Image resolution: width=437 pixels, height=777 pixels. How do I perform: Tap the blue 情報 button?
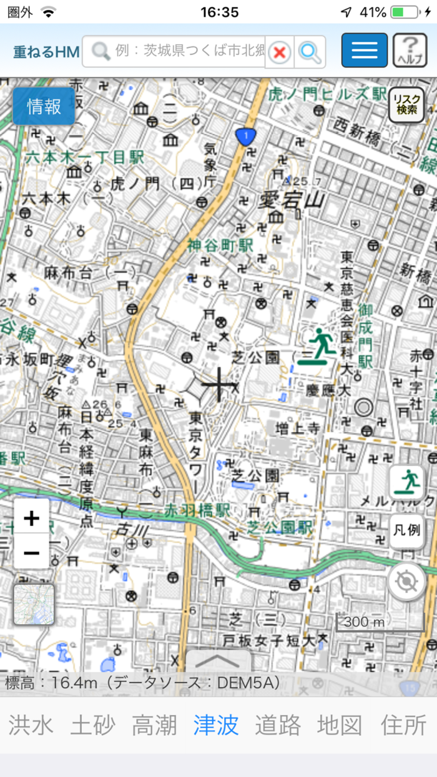point(44,106)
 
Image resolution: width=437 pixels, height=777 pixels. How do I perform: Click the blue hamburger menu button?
point(364,51)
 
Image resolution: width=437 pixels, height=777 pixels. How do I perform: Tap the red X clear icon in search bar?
point(280,52)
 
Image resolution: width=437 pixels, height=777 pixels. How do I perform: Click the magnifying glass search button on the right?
point(310,52)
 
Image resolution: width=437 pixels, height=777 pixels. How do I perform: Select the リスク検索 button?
point(406,105)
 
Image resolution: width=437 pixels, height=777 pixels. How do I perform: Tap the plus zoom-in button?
point(31,517)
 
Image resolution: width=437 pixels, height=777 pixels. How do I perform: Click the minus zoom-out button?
point(31,552)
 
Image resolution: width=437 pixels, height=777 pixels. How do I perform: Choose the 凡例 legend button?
point(406,531)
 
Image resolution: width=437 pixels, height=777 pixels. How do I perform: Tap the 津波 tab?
point(216,725)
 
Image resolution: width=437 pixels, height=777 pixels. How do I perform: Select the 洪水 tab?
point(31,725)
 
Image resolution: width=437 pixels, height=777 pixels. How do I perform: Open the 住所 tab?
point(403,725)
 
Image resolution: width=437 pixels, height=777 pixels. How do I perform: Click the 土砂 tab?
point(92,725)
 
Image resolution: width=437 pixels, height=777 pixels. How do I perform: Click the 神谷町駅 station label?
point(220,245)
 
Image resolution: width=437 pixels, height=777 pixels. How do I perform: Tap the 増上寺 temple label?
point(298,428)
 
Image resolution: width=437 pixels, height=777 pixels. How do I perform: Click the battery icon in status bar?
point(405,12)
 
